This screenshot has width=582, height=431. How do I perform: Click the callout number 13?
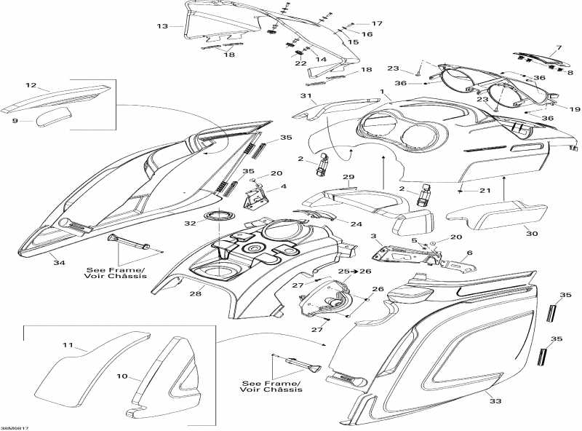pos(162,26)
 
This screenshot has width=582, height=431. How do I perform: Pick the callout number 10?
pos(121,377)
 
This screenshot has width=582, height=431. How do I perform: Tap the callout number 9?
pos(15,121)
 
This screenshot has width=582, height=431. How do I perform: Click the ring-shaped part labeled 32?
pos(218,215)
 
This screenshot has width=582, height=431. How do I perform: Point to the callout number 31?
pos(306,97)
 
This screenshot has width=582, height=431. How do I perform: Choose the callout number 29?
pos(348,178)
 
